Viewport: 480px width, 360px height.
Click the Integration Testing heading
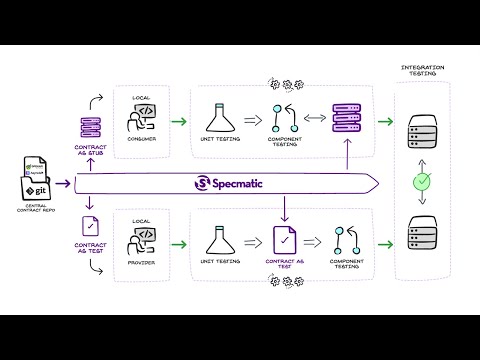point(423,71)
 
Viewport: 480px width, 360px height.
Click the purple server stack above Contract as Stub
point(92,127)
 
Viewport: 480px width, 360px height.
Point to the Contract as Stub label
point(92,151)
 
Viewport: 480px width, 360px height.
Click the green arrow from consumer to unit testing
point(178,122)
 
